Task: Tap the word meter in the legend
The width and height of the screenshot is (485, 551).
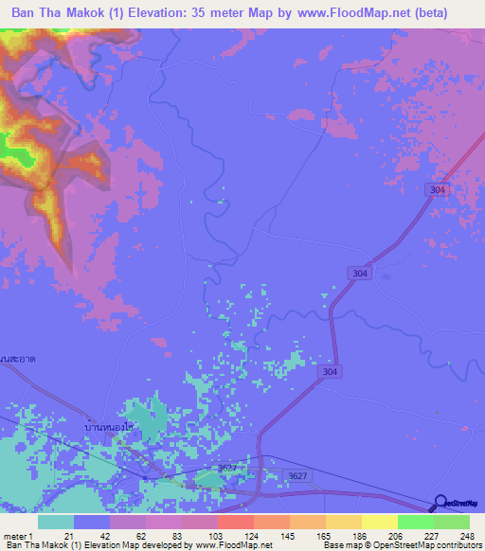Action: [x=14, y=536]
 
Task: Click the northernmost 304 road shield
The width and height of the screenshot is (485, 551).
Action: [x=436, y=190]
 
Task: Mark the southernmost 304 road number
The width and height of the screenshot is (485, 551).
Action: [x=329, y=372]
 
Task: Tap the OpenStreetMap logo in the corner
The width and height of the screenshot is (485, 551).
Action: [x=458, y=503]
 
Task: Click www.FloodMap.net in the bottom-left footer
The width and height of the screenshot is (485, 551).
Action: [x=238, y=545]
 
